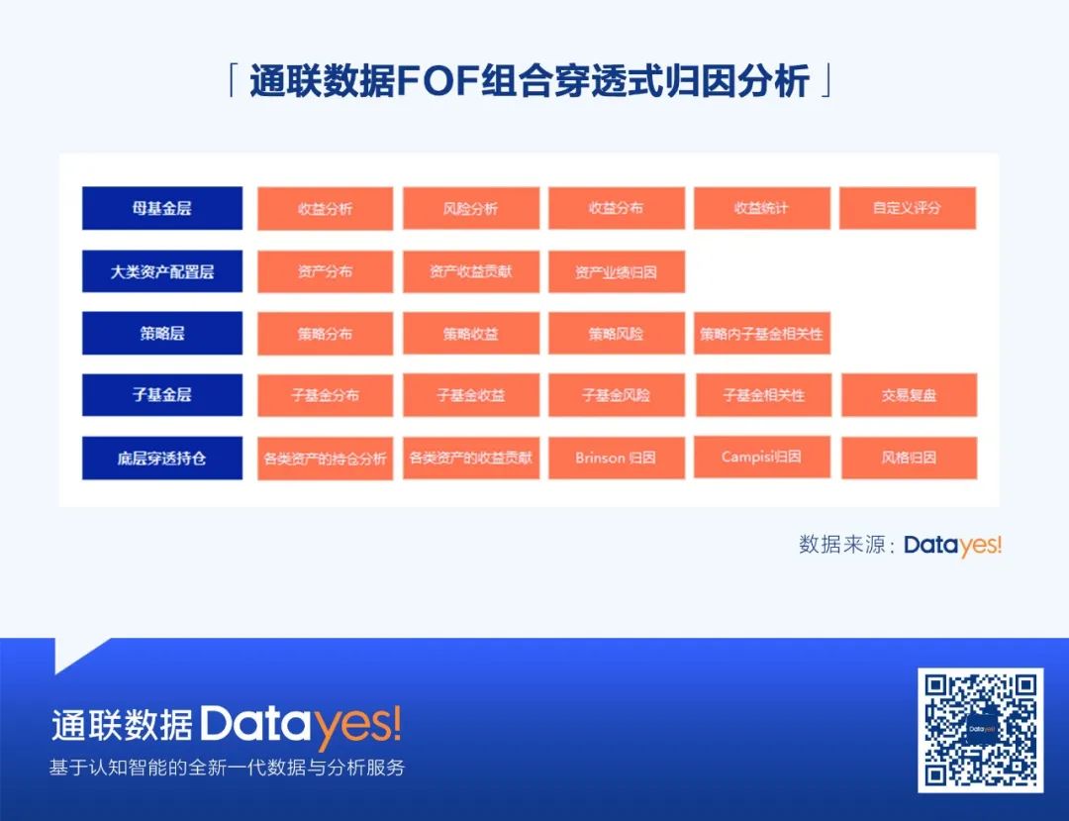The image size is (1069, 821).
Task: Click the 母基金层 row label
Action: click(x=162, y=208)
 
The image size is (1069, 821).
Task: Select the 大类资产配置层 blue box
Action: click(x=162, y=271)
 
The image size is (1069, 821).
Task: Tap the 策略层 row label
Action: click(x=162, y=334)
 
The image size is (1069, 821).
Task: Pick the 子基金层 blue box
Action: click(x=162, y=395)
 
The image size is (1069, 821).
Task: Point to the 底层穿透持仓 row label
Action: click(x=162, y=459)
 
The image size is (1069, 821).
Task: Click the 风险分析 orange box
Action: click(x=471, y=208)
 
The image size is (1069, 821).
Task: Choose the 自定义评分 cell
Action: click(x=908, y=208)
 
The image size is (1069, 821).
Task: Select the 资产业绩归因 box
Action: click(x=617, y=271)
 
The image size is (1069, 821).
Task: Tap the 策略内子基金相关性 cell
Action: click(x=762, y=334)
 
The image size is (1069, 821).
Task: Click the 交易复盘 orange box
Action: click(x=909, y=395)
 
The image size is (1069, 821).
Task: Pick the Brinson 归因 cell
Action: click(x=617, y=458)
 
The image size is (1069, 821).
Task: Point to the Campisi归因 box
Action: click(x=762, y=457)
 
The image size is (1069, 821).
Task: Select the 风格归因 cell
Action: click(x=909, y=458)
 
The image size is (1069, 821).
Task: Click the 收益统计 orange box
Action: click(x=762, y=208)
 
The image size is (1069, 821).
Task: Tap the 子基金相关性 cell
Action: click(x=763, y=395)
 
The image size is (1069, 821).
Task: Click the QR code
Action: click(x=980, y=730)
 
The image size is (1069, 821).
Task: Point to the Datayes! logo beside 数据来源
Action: click(x=952, y=545)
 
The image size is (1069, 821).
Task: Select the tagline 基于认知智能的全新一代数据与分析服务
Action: click(x=227, y=768)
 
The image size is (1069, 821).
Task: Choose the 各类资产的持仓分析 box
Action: click(x=326, y=459)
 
